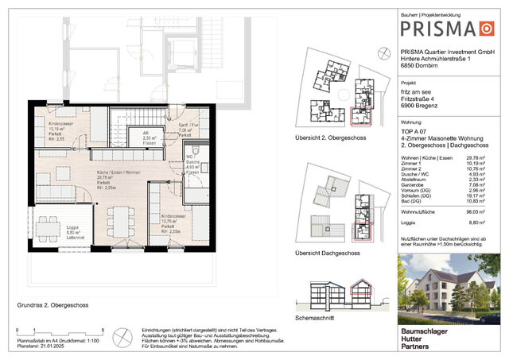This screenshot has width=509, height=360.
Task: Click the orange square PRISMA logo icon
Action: tap(484, 29)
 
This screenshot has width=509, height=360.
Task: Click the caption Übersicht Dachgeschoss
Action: tap(328, 253)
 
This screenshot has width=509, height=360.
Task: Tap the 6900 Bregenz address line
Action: tap(421, 106)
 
